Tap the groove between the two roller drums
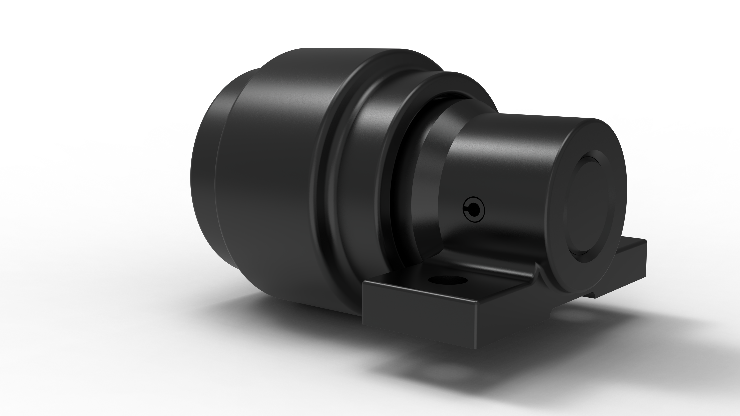333,172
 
